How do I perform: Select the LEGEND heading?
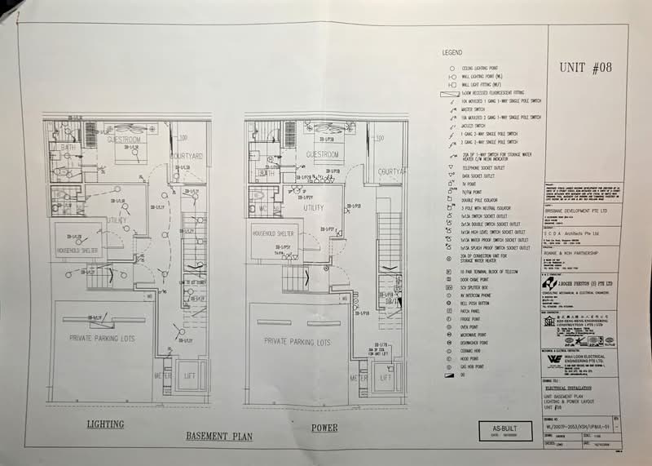[452, 51]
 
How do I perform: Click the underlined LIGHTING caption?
[106, 424]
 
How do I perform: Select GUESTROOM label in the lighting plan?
[125, 140]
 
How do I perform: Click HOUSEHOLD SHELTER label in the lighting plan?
[78, 249]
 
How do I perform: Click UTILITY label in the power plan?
[310, 209]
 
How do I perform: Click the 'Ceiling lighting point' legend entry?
[482, 69]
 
